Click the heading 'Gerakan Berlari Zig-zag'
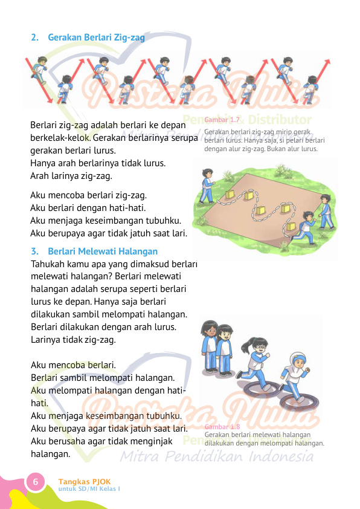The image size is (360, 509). coord(96,37)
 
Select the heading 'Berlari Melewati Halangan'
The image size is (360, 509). coord(103,251)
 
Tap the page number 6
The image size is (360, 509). coord(35,482)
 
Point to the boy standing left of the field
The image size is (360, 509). coord(208,184)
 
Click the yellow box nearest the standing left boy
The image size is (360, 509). coord(230,193)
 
